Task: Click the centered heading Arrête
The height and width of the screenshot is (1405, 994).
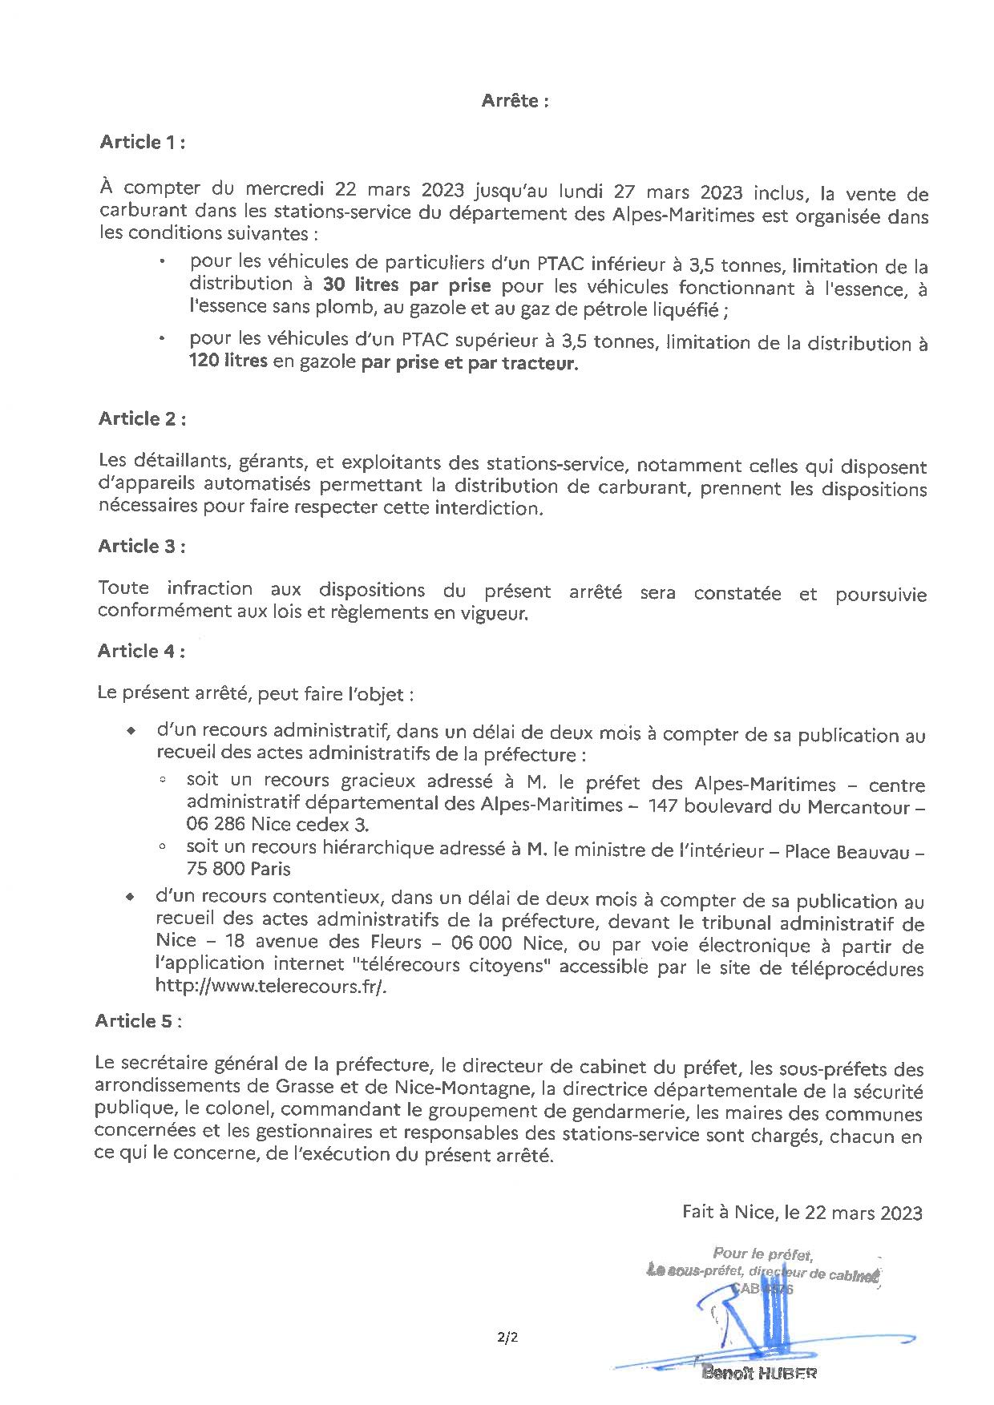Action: point(515,101)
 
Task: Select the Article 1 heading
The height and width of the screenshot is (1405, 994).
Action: point(143,143)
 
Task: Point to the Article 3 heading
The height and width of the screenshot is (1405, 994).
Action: point(142,546)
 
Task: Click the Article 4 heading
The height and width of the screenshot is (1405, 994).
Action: point(141,651)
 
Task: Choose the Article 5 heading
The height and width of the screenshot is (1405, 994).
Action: point(139,1020)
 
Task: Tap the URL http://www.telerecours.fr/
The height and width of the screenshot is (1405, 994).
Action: point(271,987)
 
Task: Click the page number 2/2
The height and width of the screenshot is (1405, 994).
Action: point(507,1337)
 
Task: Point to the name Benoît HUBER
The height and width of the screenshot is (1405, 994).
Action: point(759,1373)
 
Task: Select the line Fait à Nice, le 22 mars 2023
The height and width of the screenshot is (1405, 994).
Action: point(802,1212)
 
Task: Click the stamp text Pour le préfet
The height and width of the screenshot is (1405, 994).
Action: point(763,1254)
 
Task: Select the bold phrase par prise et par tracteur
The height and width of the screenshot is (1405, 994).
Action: point(469,363)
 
